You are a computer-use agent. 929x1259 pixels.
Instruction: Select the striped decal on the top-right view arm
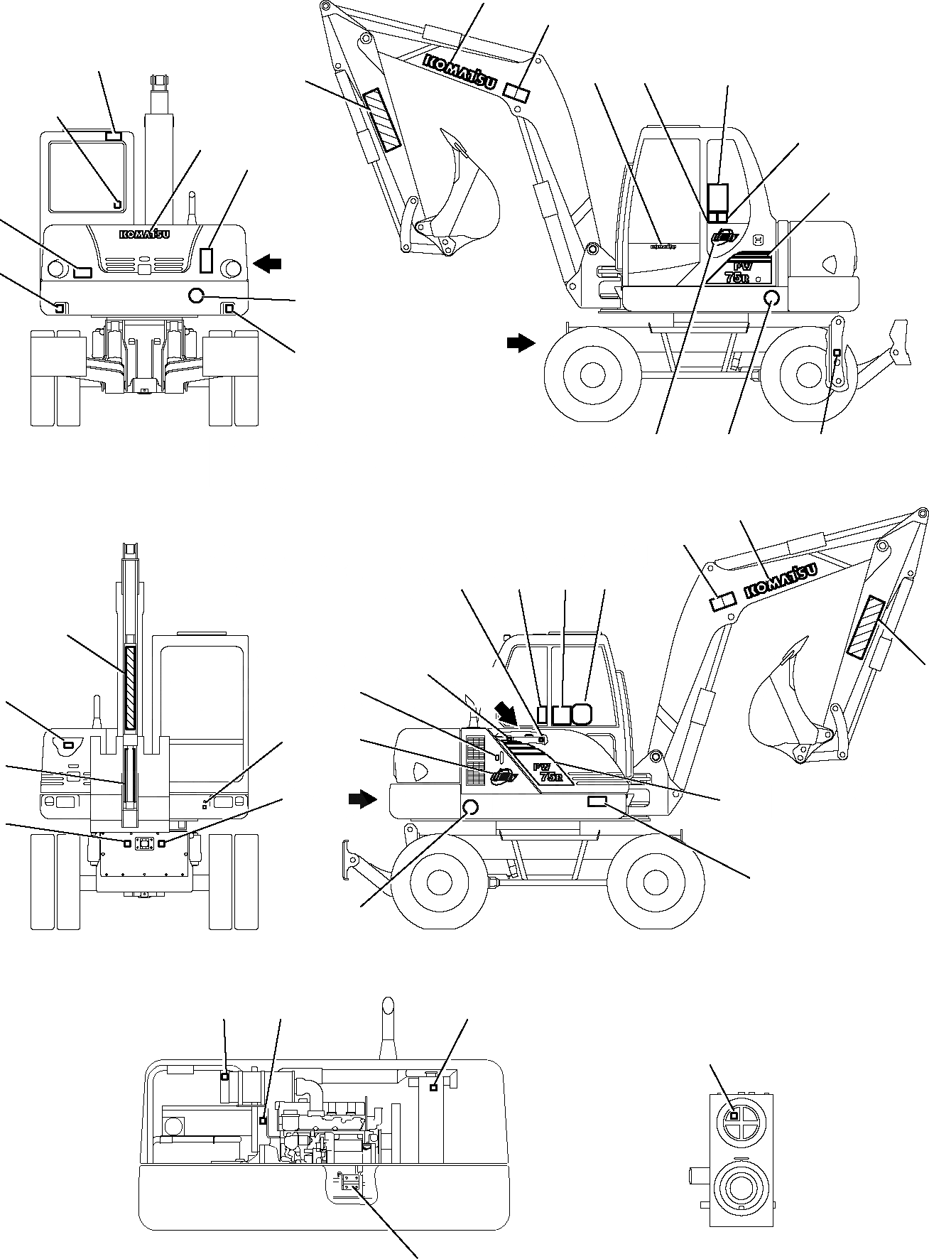click(x=381, y=121)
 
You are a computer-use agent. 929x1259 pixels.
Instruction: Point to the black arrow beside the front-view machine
click(x=268, y=264)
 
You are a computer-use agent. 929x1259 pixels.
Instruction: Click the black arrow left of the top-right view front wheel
click(x=521, y=343)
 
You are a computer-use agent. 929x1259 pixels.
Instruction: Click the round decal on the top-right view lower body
click(x=772, y=298)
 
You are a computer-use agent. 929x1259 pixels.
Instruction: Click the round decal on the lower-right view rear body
click(x=469, y=806)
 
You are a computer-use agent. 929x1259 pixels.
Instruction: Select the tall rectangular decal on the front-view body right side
click(x=207, y=260)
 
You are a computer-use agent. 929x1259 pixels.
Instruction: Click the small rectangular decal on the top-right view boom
click(x=518, y=92)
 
